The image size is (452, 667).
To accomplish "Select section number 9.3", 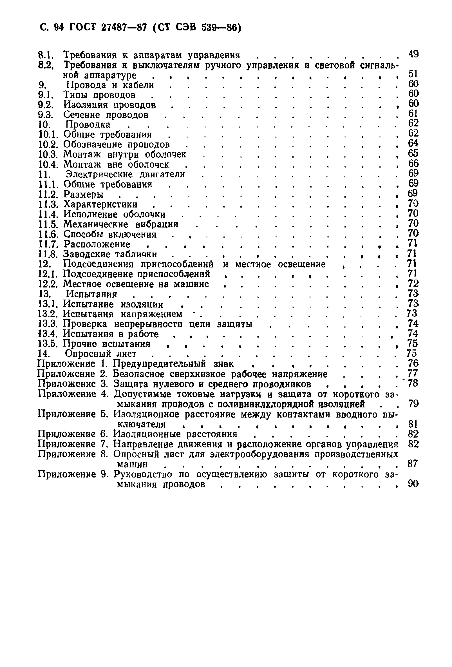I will (46, 115).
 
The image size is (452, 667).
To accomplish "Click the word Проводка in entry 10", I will (88, 124).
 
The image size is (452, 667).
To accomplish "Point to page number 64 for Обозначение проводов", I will (413, 143).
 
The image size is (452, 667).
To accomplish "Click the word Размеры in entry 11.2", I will (83, 195).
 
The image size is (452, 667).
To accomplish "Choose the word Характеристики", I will (100, 204).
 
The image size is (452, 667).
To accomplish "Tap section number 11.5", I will (48, 224).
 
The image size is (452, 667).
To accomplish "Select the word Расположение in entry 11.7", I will (97, 244).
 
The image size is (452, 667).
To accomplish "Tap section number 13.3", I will (48, 324).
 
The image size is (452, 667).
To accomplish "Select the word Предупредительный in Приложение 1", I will (159, 364).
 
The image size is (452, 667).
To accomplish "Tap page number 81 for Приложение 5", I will (413, 424).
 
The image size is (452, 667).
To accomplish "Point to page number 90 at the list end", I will (413, 484).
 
